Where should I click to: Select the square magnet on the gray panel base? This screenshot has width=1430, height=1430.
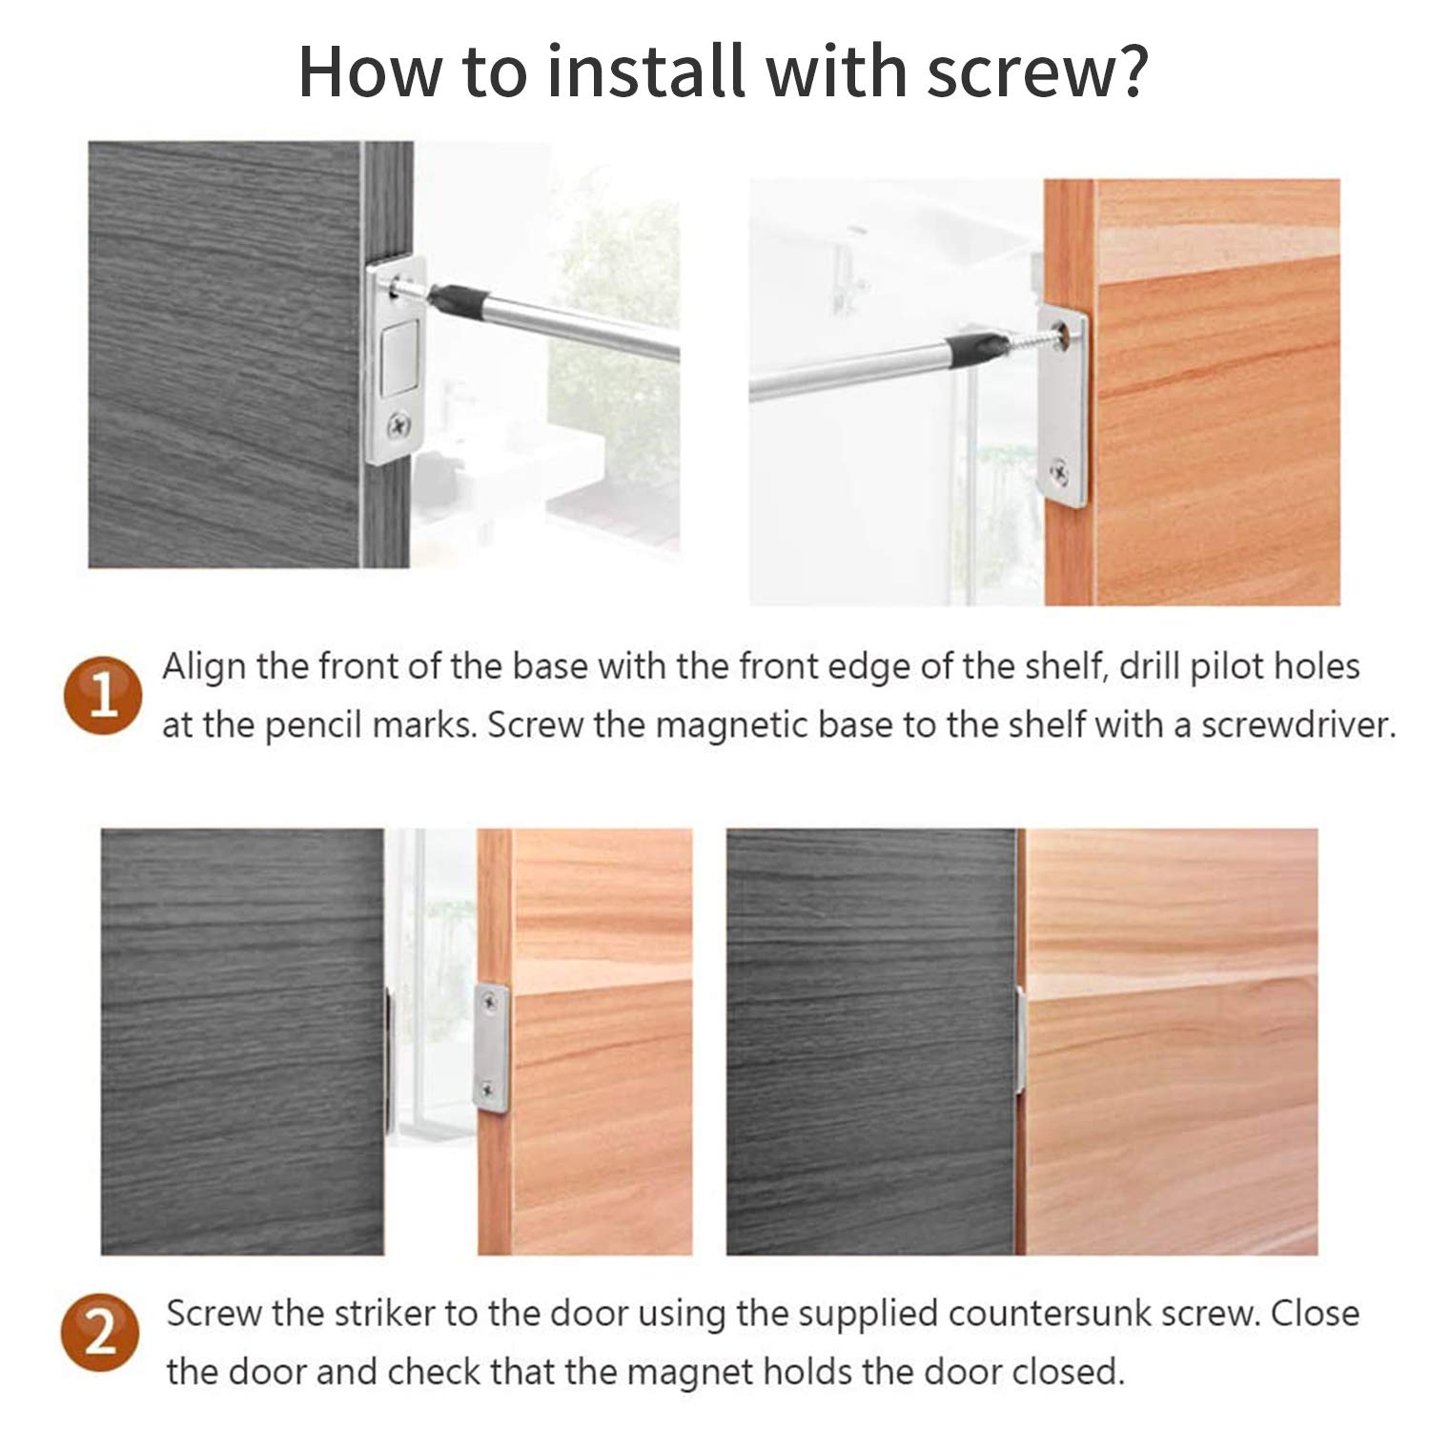tap(399, 358)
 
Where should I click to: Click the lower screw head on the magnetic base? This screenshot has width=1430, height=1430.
tap(398, 421)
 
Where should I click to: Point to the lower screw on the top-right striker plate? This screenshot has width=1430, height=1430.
tap(1061, 469)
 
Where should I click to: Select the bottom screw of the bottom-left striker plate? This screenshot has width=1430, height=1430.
tap(489, 1089)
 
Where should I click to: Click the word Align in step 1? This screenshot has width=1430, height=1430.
tap(203, 667)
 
